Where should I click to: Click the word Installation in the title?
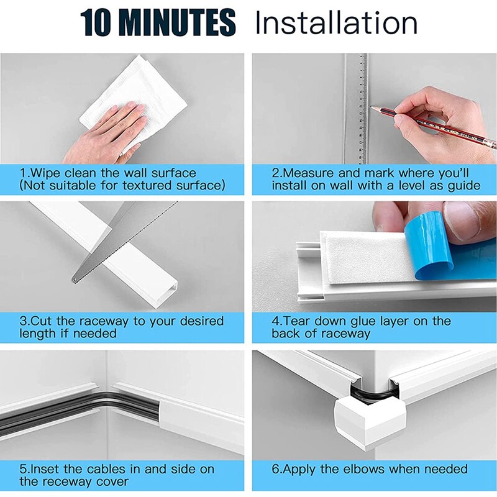(336, 23)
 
